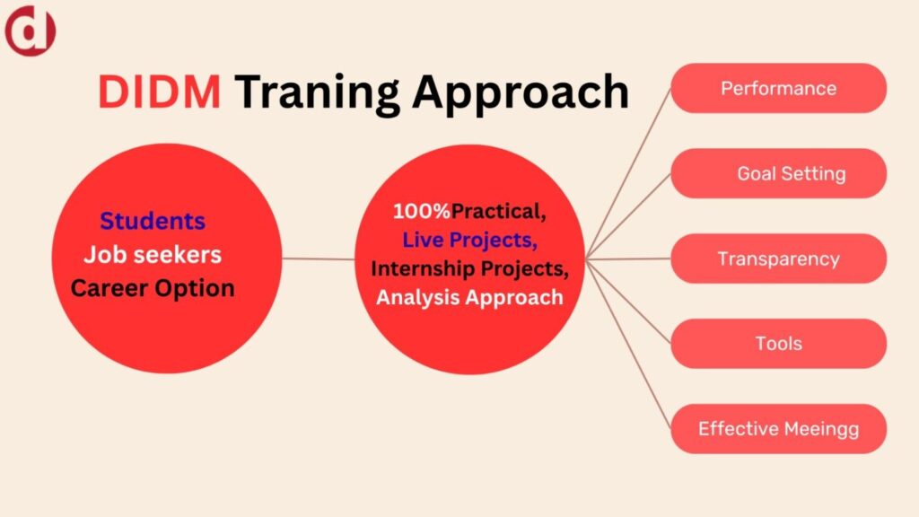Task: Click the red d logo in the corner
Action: [30, 31]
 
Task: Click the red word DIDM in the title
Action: [160, 92]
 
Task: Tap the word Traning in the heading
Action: [318, 93]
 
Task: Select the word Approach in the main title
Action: [521, 93]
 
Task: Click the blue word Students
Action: [153, 221]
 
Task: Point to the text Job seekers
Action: [153, 254]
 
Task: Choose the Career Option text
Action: [153, 288]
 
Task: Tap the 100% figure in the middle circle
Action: [422, 211]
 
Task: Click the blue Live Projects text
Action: [469, 241]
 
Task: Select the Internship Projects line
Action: [469, 269]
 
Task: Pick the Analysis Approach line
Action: [469, 297]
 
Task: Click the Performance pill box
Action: [778, 88]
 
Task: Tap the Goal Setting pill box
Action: [778, 173]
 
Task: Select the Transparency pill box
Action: [778, 258]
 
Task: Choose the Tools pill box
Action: [778, 344]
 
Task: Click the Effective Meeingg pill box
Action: [778, 428]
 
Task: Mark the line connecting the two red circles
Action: [319, 258]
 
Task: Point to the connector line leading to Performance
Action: [628, 173]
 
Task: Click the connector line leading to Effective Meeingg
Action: [628, 344]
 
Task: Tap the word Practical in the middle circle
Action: [498, 212]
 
